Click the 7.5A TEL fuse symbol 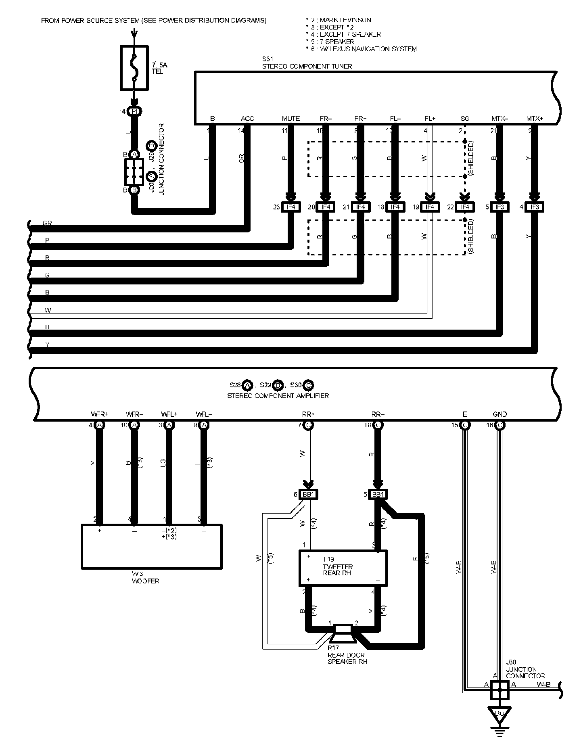(135, 67)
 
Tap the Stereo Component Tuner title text (307, 66)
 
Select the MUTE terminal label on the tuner (290, 119)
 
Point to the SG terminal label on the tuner (465, 119)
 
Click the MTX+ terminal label (534, 119)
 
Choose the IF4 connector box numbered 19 (430, 207)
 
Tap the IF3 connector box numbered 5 (499, 207)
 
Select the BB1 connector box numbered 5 (378, 494)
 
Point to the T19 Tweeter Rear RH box (343, 568)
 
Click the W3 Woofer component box (152, 546)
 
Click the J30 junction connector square (499, 689)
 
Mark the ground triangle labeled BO (499, 713)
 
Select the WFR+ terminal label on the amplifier (100, 414)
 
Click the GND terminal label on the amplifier (499, 414)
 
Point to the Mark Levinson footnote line (339, 20)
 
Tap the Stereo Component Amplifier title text (278, 396)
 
